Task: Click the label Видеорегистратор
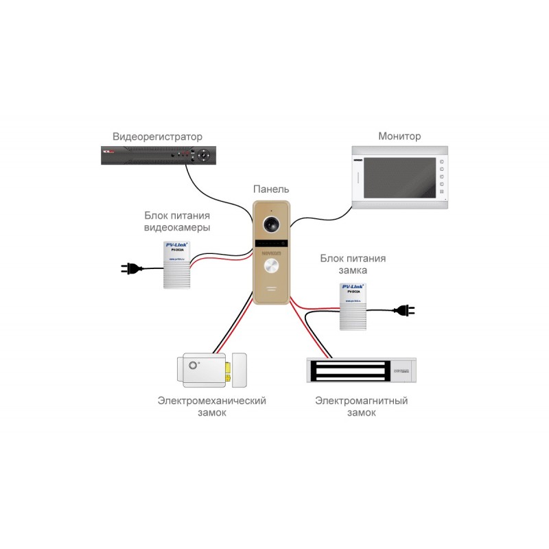pos(157,137)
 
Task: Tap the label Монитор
pos(399,137)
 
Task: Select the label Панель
pos(271,189)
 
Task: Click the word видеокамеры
pos(177,227)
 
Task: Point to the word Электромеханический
pos(211,401)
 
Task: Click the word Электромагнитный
pos(361,401)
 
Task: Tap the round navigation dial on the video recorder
pos(204,156)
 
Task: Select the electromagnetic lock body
pos(361,371)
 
